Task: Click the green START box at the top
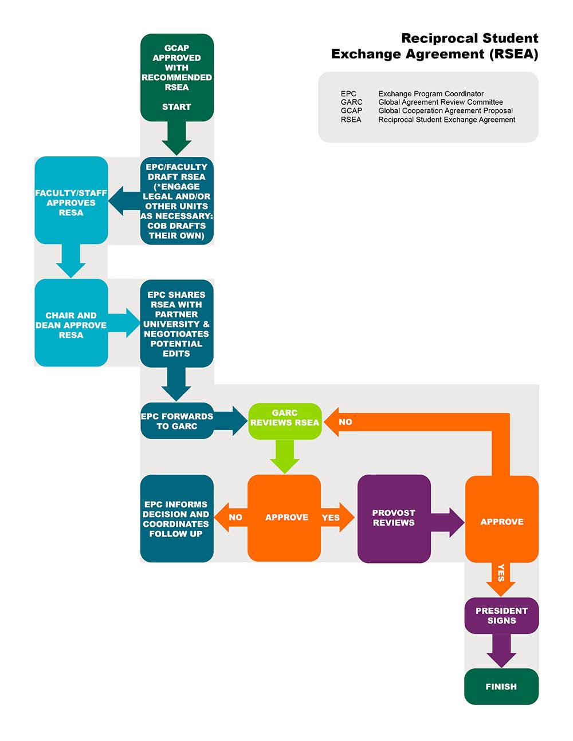pyautogui.click(x=176, y=77)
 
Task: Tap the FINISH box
pyautogui.click(x=501, y=686)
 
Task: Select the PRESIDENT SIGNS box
pyautogui.click(x=501, y=616)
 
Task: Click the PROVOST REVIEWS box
pyautogui.click(x=394, y=518)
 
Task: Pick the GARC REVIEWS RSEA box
pyautogui.click(x=285, y=421)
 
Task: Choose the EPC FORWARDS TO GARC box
pyautogui.click(x=176, y=421)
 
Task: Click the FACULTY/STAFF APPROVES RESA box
pyautogui.click(x=71, y=200)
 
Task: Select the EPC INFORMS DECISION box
pyautogui.click(x=176, y=518)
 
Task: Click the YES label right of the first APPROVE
pyautogui.click(x=331, y=518)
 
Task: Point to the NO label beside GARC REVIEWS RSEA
pyautogui.click(x=346, y=422)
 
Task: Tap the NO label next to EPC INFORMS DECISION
pyautogui.click(x=235, y=518)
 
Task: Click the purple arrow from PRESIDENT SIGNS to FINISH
pyautogui.click(x=501, y=651)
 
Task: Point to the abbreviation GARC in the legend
pyautogui.click(x=351, y=103)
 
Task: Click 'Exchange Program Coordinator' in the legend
pyautogui.click(x=431, y=94)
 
